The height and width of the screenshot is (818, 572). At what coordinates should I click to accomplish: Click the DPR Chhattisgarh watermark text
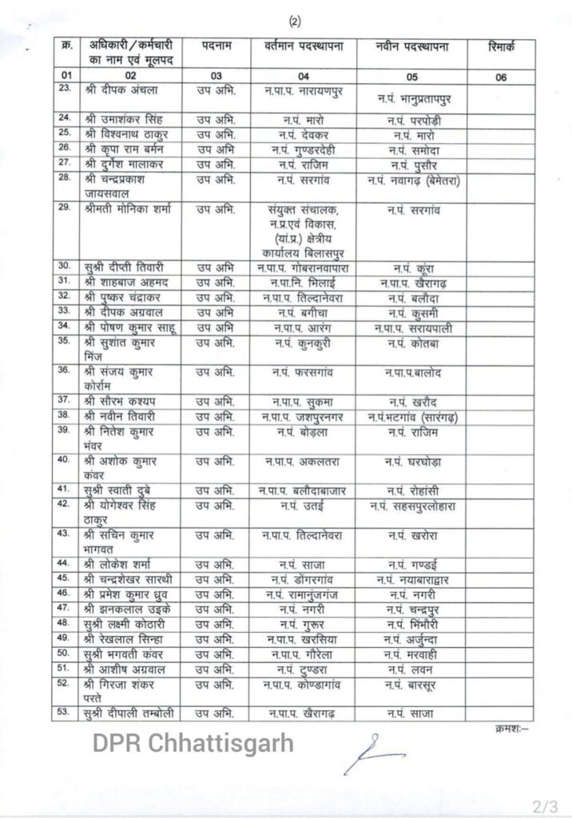coord(192,745)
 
